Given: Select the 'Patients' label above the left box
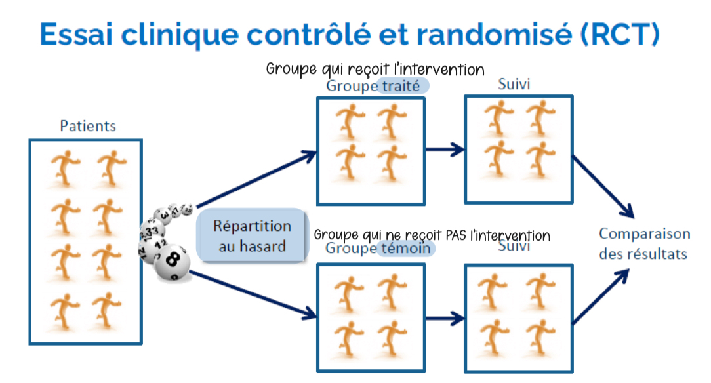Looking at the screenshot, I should (x=88, y=126).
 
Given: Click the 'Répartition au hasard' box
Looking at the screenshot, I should (x=253, y=235).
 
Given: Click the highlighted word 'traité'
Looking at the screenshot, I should (x=404, y=86).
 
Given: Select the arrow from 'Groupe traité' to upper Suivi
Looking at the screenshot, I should (x=444, y=150).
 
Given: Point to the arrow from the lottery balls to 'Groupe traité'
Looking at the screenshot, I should (x=256, y=178).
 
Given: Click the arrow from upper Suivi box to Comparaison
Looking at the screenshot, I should (x=603, y=186).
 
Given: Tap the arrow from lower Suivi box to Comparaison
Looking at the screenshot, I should (x=603, y=295).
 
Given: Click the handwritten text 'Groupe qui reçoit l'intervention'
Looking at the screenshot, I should (x=375, y=70).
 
